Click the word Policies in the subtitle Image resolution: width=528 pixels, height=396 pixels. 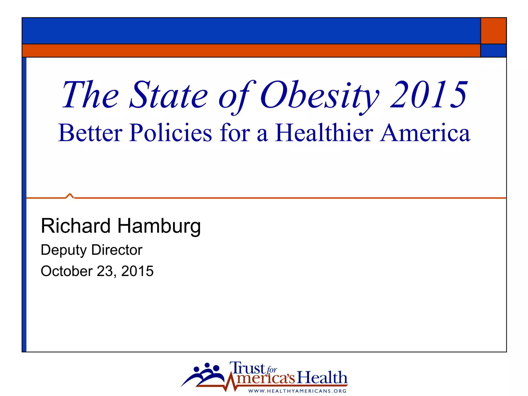pyautogui.click(x=170, y=133)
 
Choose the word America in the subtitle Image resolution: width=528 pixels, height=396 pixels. pyautogui.click(x=425, y=133)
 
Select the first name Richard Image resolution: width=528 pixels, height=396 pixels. pyautogui.click(x=76, y=226)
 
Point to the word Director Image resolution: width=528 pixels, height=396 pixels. pyautogui.click(x=117, y=250)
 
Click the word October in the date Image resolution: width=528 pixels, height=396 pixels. pyautogui.click(x=67, y=271)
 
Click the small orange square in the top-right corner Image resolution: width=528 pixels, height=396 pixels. pyautogui.click(x=493, y=31)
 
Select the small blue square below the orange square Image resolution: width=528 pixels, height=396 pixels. pyautogui.click(x=493, y=51)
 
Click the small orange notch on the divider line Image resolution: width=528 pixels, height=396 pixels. pyautogui.click(x=70, y=196)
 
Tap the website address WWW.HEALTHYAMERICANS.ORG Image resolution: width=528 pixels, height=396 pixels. pyautogui.click(x=297, y=391)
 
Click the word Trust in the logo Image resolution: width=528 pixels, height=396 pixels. pyautogui.click(x=247, y=368)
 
